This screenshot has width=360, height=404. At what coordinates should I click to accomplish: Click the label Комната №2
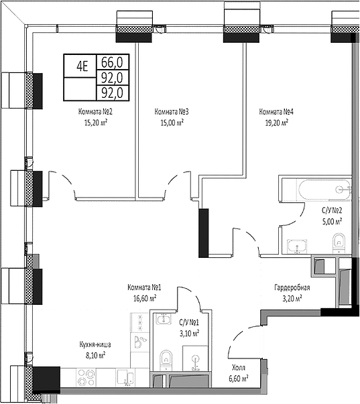(97, 112)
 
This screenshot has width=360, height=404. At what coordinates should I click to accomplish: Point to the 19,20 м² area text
(274, 123)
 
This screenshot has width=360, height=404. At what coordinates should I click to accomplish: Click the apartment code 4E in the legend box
(82, 65)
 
